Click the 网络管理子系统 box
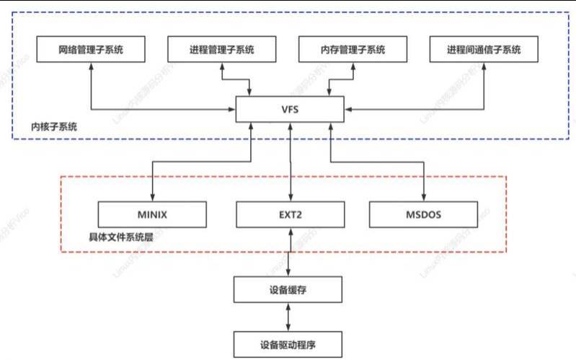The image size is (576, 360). pyautogui.click(x=92, y=51)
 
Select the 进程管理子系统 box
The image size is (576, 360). pyautogui.click(x=222, y=51)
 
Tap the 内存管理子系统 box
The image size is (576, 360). pyautogui.click(x=353, y=51)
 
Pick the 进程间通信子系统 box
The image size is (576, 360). pyautogui.click(x=483, y=51)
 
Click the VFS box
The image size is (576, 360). pyautogui.click(x=290, y=111)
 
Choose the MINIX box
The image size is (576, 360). pyautogui.click(x=152, y=214)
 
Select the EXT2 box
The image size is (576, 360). pyautogui.click(x=290, y=214)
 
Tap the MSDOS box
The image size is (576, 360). pyautogui.click(x=424, y=214)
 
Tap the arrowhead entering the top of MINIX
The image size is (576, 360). pyautogui.click(x=152, y=198)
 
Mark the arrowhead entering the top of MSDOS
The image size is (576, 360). pyautogui.click(x=424, y=198)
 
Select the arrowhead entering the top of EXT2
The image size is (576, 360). pyautogui.click(x=290, y=198)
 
